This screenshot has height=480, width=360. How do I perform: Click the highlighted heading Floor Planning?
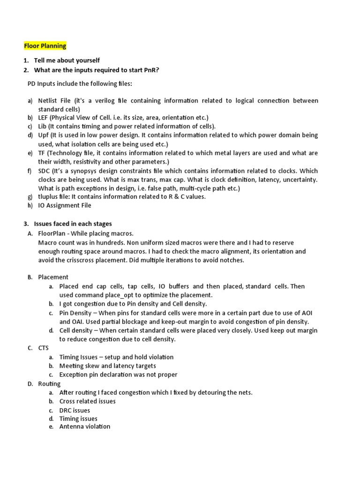(45, 46)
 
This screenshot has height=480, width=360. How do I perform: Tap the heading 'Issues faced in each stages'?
(73, 224)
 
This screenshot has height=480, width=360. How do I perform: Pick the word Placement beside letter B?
(53, 277)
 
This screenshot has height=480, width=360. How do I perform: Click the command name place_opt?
(117, 295)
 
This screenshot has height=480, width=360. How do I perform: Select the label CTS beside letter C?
(44, 348)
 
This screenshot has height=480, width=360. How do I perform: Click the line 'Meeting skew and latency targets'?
(108, 366)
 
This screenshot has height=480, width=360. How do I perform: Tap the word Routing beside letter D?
(49, 384)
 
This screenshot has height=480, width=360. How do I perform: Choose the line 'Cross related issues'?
(88, 401)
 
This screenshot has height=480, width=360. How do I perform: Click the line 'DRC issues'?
(75, 410)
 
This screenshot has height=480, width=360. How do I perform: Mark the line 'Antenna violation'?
(85, 427)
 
